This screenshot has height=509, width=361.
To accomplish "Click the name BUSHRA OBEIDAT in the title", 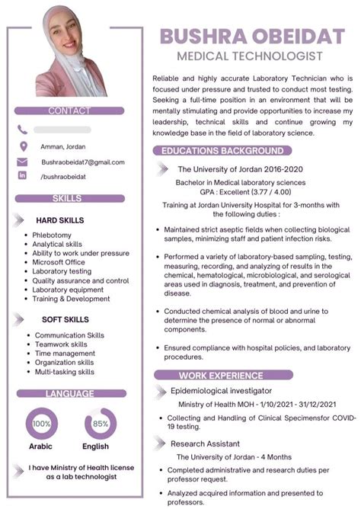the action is coord(251,37).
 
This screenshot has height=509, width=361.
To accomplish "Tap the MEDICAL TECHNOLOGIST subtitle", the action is coord(250,56).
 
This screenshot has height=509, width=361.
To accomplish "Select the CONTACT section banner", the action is coord(69,110).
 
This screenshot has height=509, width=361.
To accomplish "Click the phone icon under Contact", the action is coord(23,130).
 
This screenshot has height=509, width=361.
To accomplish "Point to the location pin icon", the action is coord(23,146).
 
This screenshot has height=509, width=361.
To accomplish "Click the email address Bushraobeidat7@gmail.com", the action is coord(83,162).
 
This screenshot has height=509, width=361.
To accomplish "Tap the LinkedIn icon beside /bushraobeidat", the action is coord(23,176).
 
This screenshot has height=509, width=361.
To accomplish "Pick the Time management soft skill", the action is coord(65,354).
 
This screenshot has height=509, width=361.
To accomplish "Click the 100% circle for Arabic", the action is coord(42,423).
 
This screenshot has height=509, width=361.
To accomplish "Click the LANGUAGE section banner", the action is coord(69,394).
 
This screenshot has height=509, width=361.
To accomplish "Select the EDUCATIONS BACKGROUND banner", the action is coord(222,151).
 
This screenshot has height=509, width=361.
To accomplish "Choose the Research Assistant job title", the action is coord(205,443).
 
